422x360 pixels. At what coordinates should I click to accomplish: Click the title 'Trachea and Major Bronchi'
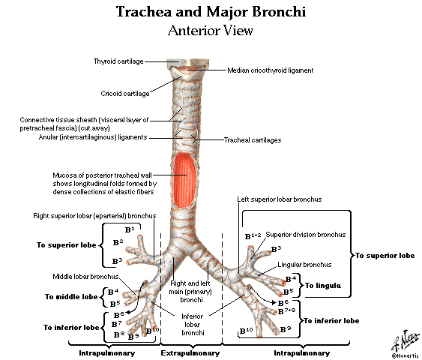click(211, 12)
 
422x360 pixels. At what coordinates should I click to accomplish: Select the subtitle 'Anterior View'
click(211, 31)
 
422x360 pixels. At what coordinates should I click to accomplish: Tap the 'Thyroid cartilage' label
click(118, 61)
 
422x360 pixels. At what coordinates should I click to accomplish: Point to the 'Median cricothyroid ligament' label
click(271, 70)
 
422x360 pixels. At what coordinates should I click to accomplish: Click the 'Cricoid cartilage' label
click(125, 94)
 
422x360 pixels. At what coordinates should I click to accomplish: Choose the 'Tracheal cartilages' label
click(253, 140)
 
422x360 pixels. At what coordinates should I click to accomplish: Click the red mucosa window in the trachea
click(184, 181)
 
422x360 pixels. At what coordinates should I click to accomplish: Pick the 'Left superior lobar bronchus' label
click(280, 199)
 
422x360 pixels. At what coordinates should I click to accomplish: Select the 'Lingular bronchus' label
click(304, 265)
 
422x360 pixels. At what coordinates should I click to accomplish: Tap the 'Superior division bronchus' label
click(306, 235)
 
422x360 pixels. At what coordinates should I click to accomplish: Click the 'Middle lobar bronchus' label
click(85, 277)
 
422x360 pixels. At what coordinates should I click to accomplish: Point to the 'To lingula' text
click(323, 286)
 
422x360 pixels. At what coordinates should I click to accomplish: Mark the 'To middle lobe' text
click(71, 297)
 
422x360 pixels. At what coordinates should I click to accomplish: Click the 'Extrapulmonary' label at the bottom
click(190, 353)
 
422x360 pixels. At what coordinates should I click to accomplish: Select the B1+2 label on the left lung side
click(253, 236)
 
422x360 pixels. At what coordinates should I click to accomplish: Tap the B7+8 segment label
click(286, 311)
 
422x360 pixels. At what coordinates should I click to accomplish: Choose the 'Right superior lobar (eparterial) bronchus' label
click(94, 216)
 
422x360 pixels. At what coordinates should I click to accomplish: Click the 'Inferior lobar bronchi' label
click(193, 325)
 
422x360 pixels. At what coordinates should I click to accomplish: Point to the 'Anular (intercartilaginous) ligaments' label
click(93, 137)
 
